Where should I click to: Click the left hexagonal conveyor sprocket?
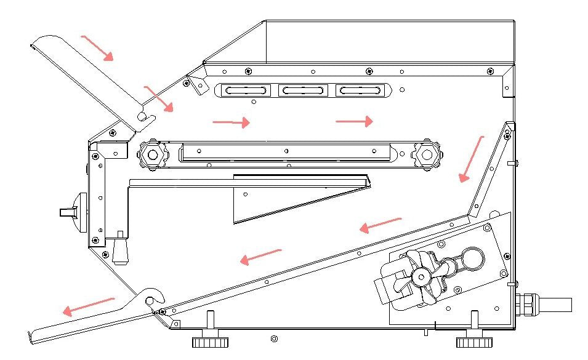click(151, 154)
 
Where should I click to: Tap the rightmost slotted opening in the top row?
click(359, 90)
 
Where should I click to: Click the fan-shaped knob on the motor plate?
click(422, 278)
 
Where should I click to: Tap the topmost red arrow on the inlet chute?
click(97, 47)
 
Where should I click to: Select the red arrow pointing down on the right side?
click(472, 159)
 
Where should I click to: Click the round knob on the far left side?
click(76, 212)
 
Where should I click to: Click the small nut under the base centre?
click(274, 338)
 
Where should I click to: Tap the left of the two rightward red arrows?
click(231, 122)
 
